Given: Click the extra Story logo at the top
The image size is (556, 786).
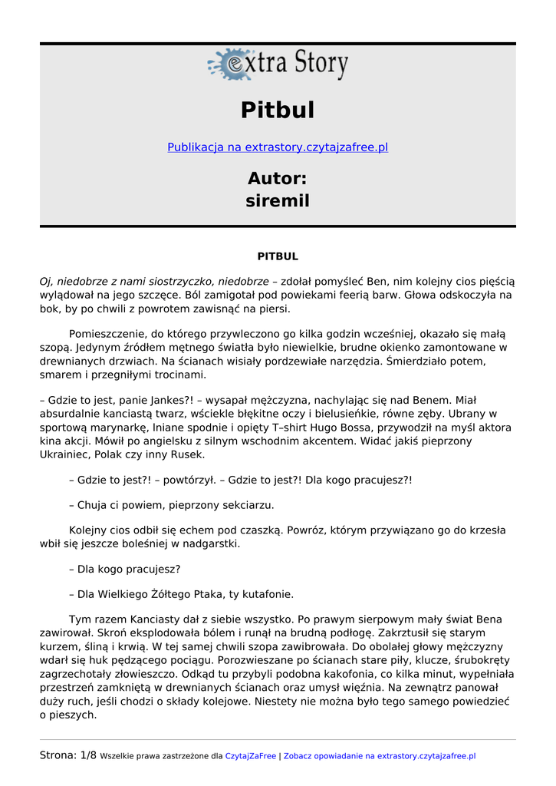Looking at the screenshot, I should [278, 64].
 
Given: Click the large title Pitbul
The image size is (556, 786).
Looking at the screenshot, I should [278, 110].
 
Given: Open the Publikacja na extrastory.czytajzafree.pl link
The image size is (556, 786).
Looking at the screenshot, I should [278, 147].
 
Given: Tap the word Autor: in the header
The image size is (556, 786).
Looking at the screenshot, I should [278, 179].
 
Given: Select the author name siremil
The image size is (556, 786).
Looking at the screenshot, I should [278, 201].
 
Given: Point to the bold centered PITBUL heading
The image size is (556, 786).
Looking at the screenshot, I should [278, 256].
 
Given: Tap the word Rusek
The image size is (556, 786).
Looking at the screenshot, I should [184, 454].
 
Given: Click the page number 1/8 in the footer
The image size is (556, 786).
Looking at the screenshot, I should [88, 755].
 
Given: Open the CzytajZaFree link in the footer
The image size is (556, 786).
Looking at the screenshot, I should [250, 756].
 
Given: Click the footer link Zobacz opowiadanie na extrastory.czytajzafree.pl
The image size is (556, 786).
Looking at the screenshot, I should [380, 756].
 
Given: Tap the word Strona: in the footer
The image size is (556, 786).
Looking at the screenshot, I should [58, 755].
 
